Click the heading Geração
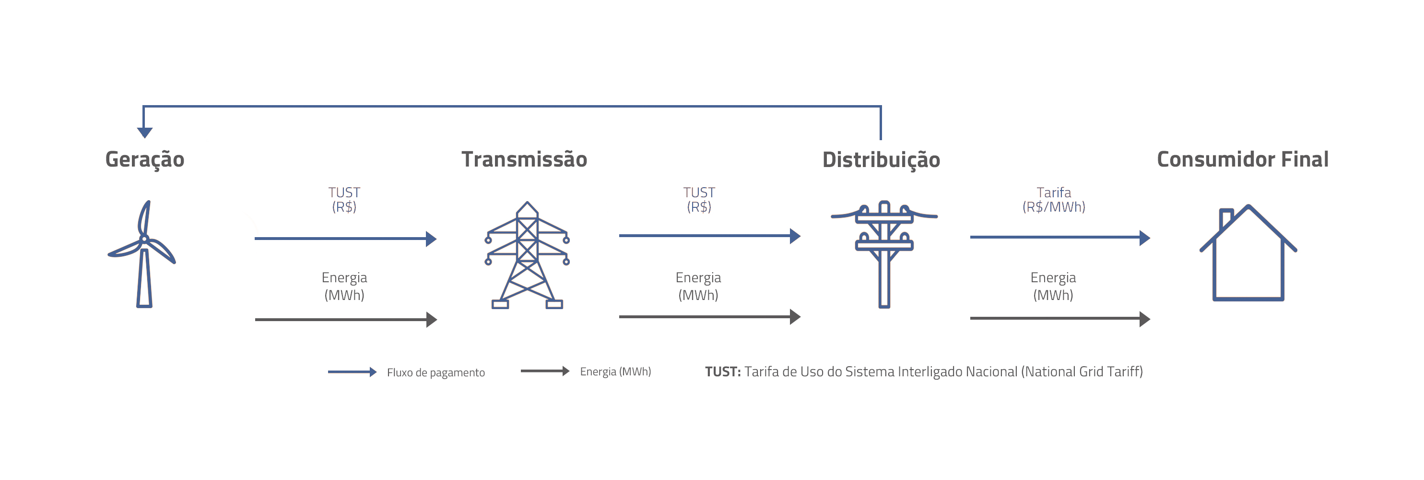tap(145, 160)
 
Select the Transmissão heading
tap(524, 159)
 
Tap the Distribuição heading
tap(881, 160)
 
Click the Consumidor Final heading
tap(1243, 159)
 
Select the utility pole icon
tap(884, 254)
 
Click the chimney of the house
tap(1225, 218)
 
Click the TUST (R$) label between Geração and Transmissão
tap(344, 200)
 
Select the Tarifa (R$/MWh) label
tap(1054, 200)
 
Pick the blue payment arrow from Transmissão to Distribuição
tap(710, 236)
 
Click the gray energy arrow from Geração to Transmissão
tap(346, 320)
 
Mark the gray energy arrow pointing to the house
tap(1060, 319)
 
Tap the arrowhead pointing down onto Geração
tap(145, 132)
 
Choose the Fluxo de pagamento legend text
tap(435, 372)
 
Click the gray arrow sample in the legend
tap(545, 371)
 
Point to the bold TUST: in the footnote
tap(722, 372)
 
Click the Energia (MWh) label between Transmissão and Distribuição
tap(698, 287)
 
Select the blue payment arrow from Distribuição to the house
tap(1060, 238)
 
